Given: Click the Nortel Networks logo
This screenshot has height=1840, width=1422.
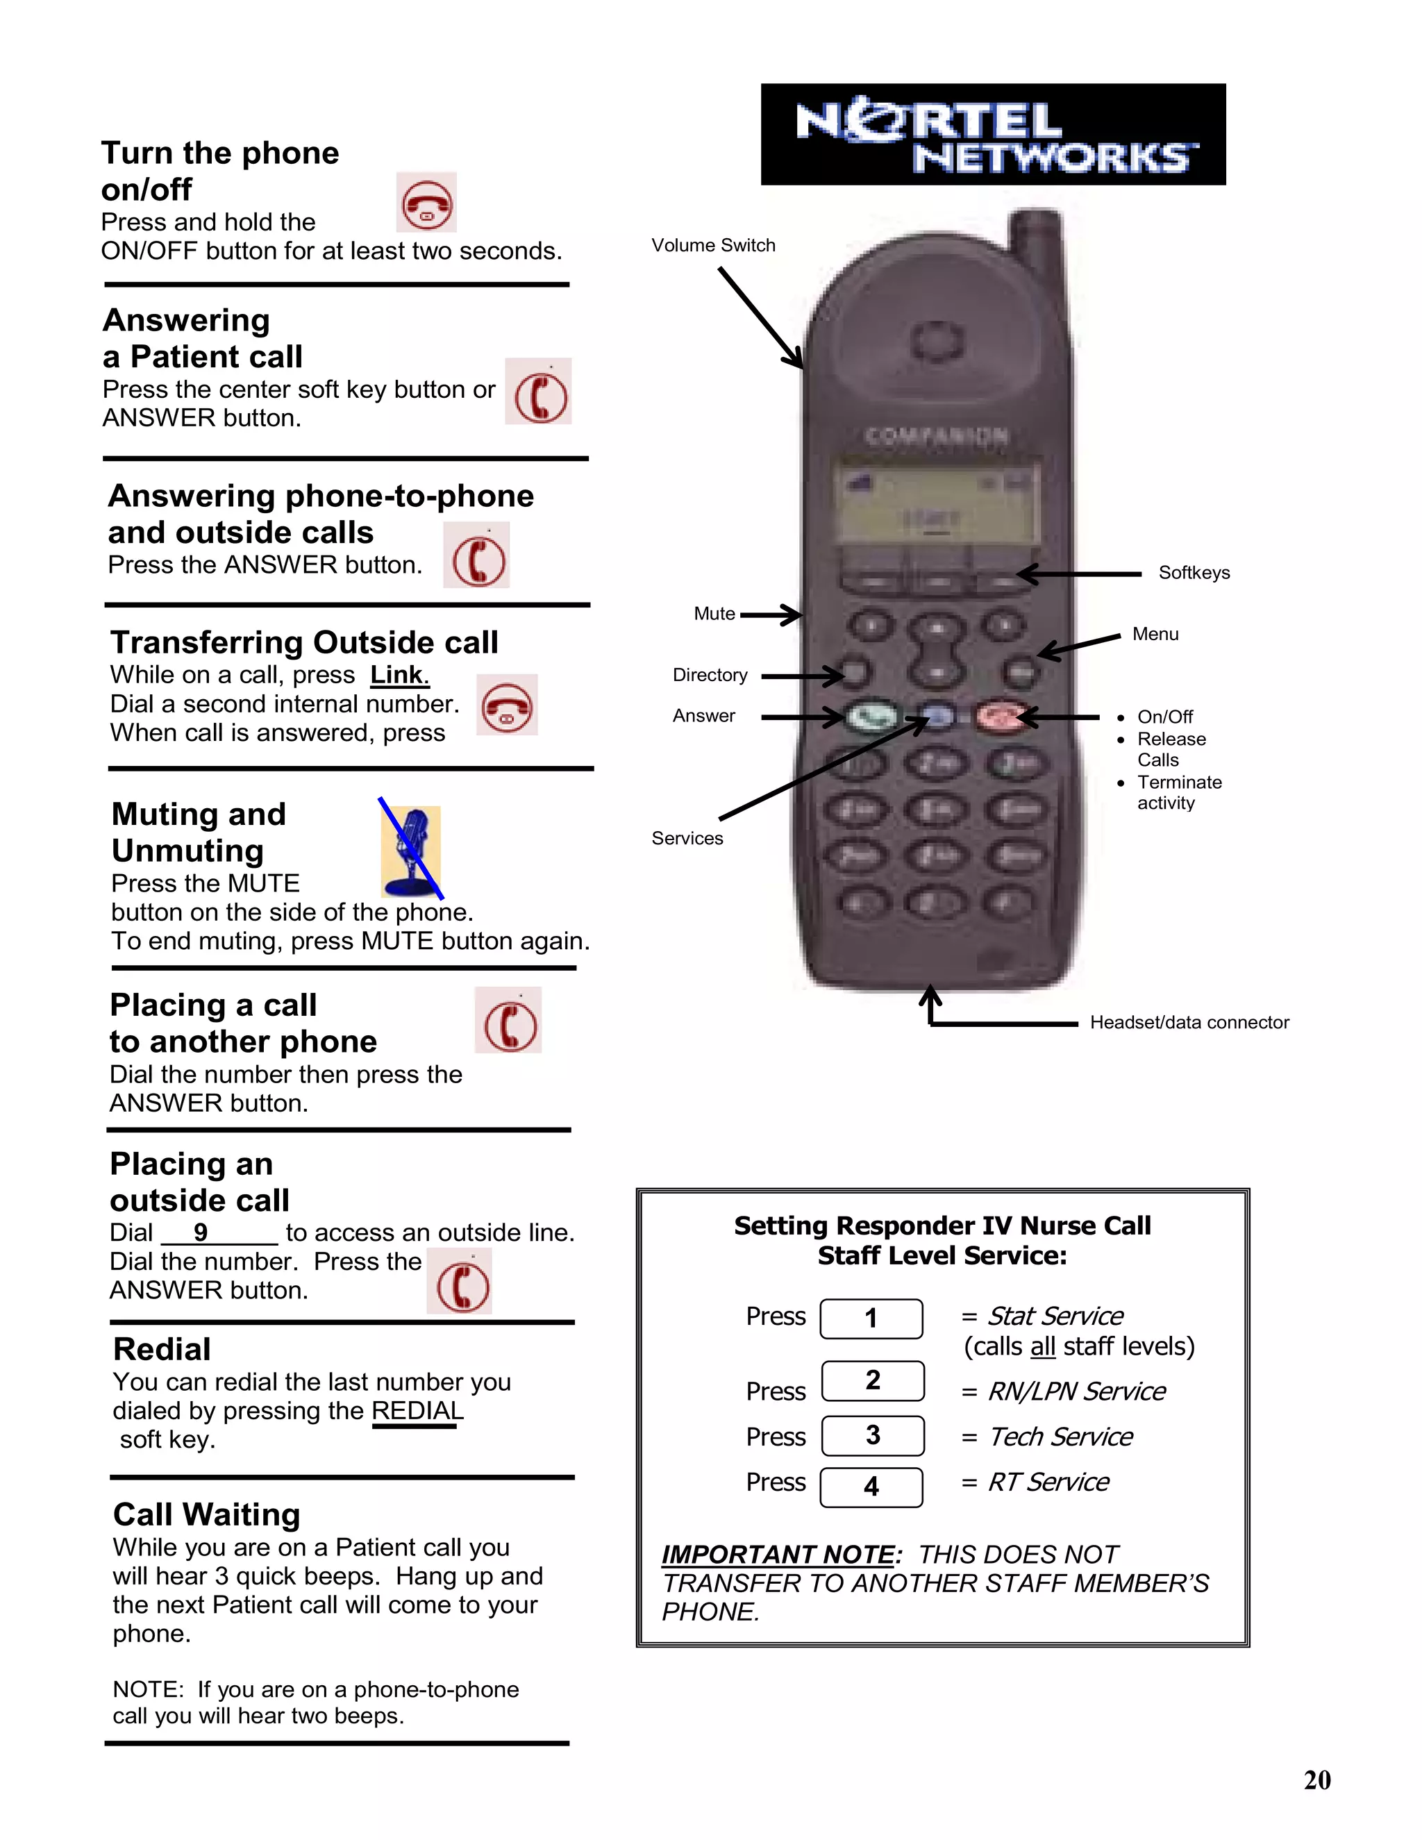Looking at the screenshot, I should [992, 134].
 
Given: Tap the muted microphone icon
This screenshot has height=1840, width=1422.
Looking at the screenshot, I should [411, 851].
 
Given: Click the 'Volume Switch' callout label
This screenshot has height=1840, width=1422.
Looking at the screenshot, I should [712, 245].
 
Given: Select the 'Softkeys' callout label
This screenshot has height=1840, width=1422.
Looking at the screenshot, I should [1193, 573].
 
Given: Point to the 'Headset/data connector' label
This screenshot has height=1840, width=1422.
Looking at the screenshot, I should [1189, 1022].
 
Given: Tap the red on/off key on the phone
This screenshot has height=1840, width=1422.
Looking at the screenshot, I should [1000, 717].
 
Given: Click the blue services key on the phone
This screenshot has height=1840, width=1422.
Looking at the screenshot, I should [937, 717].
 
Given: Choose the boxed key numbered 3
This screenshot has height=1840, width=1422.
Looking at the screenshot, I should [872, 1436].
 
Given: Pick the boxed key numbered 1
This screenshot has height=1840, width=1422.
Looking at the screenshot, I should [871, 1319].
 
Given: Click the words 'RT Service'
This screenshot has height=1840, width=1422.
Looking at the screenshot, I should [1048, 1482].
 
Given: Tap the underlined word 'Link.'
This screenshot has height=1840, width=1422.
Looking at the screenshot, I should [399, 675].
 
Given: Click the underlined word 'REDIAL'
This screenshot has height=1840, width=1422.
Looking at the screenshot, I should [417, 1410].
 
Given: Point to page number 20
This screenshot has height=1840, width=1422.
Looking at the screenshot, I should [1316, 1780].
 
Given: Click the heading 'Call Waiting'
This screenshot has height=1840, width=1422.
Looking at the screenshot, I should [206, 1514].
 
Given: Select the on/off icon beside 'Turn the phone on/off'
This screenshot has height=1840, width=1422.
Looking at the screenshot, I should [426, 203].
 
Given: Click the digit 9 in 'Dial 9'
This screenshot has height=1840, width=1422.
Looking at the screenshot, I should [201, 1232].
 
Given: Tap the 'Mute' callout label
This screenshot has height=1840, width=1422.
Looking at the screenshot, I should [714, 613].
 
